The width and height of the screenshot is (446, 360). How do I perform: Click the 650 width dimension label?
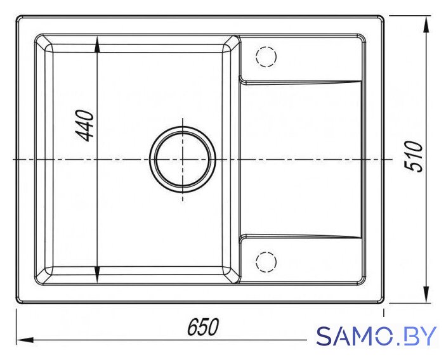[x=203, y=327]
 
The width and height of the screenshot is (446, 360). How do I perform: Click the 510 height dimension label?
[x=414, y=157]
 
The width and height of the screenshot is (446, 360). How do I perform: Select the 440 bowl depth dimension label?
[x=84, y=126]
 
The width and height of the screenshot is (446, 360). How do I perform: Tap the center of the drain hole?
[x=182, y=159]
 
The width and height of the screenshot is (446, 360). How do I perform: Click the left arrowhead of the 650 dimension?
[x=25, y=340]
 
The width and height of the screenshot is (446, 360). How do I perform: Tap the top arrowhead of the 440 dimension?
[x=97, y=45]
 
